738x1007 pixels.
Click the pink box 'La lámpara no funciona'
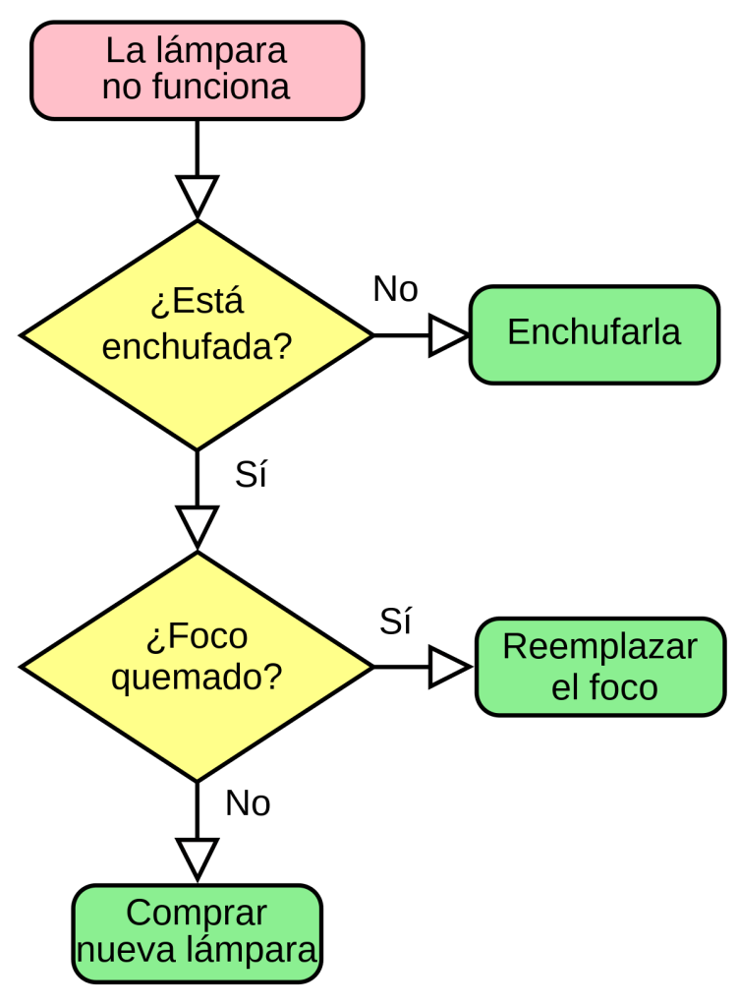197,71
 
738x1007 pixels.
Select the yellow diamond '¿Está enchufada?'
197,334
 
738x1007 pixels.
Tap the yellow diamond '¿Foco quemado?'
197,666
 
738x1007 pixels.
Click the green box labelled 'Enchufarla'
594,334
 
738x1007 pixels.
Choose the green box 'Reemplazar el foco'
599,666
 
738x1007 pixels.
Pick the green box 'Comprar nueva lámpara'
197,932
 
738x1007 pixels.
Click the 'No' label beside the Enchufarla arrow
396,289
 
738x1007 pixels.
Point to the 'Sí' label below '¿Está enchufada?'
251,475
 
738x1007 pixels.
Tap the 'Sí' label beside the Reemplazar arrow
395,622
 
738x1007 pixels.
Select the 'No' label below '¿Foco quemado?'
248,804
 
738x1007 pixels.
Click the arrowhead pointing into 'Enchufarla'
447,335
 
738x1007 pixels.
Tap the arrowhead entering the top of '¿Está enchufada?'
198,195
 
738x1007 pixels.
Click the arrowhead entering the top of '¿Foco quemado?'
198,525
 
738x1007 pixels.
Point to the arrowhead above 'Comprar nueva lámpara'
198,858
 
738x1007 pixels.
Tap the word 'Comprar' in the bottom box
197,914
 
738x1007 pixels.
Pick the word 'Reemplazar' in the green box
599,647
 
